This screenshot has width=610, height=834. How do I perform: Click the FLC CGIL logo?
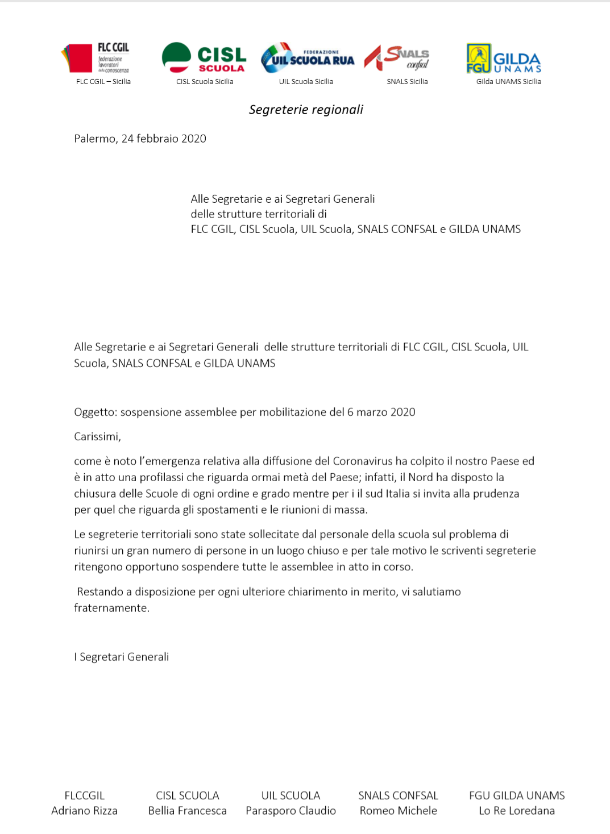(96, 58)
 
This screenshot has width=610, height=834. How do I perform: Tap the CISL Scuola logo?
(204, 58)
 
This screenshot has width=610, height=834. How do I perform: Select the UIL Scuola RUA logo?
(307, 58)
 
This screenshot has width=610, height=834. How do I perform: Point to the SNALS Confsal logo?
(397, 58)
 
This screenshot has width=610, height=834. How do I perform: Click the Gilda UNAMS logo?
(504, 59)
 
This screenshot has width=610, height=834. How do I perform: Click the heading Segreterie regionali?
(306, 110)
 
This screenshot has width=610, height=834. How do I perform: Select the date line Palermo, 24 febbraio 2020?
(140, 139)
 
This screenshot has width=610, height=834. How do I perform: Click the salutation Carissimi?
(97, 437)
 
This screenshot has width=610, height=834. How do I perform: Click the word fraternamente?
(111, 608)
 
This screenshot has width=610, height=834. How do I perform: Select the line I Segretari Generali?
(122, 657)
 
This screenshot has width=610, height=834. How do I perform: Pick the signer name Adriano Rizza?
(84, 811)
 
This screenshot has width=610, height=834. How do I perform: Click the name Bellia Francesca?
(188, 811)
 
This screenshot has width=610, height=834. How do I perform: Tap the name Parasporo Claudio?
(291, 811)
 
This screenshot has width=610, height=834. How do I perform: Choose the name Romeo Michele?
(398, 811)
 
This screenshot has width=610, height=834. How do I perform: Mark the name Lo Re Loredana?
(517, 811)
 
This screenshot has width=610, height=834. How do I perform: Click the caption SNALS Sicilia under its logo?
(407, 82)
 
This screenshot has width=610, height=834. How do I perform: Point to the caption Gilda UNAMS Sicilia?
(508, 82)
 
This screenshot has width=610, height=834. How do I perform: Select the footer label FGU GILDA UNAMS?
(517, 795)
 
